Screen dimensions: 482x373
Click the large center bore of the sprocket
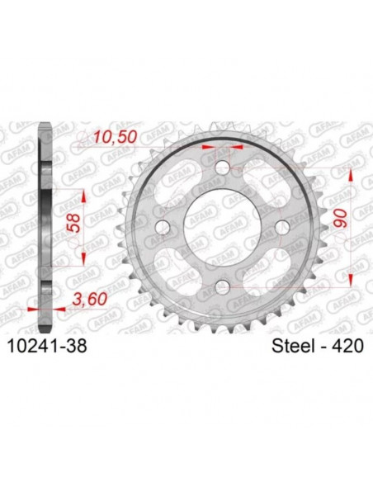221,227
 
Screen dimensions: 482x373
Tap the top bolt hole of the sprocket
221,168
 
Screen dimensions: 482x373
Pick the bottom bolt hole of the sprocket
221,286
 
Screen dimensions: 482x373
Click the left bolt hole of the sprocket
162,227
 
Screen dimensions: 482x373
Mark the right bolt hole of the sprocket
281,227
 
